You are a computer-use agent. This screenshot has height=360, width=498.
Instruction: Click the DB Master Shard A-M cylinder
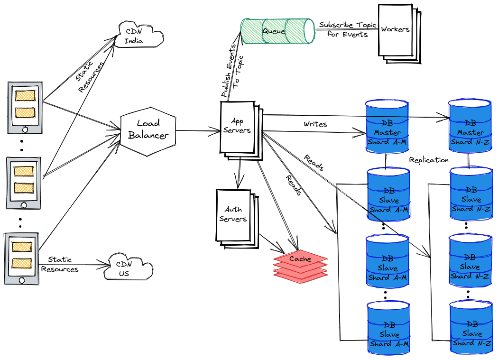(387, 127)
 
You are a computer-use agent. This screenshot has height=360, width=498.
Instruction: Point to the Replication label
(429, 160)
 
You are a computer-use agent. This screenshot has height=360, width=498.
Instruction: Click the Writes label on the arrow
(315, 124)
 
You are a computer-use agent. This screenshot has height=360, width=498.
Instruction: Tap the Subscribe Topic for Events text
(347, 29)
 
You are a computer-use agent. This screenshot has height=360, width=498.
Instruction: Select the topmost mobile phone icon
(25, 108)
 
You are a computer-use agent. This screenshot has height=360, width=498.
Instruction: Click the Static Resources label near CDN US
(60, 265)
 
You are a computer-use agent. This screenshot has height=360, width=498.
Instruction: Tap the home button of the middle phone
(24, 205)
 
